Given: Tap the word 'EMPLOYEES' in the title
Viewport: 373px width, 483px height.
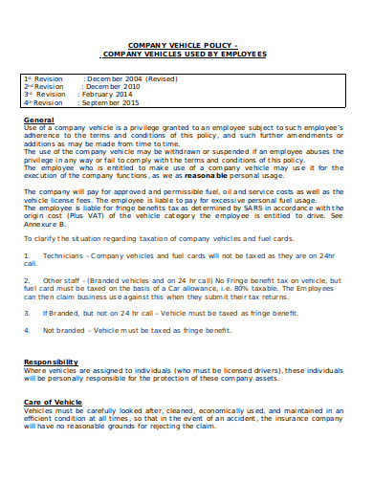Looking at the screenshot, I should click(240, 53).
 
